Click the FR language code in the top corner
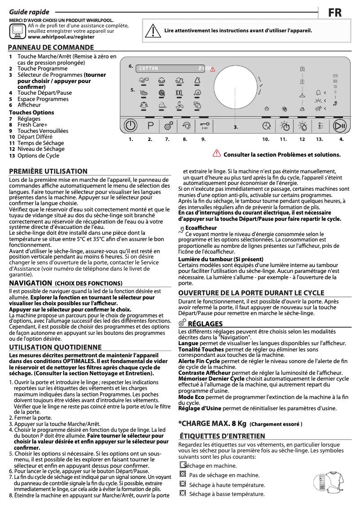(x=334, y=13)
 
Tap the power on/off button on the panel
(x=130, y=126)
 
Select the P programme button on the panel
(x=150, y=126)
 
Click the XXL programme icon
(x=179, y=93)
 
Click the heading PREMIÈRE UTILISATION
(x=48, y=171)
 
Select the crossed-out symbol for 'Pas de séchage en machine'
(x=182, y=474)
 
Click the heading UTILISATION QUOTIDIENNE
(x=55, y=347)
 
